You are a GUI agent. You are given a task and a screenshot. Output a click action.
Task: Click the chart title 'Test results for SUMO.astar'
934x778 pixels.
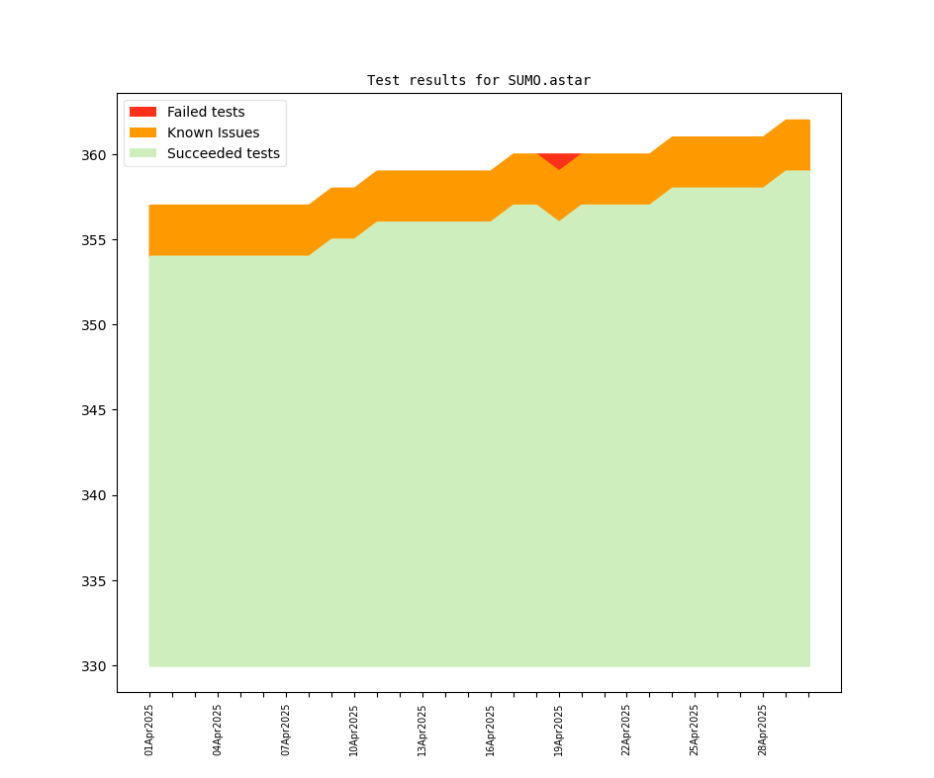pos(478,80)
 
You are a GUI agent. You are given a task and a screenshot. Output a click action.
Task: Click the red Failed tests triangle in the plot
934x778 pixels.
pos(559,159)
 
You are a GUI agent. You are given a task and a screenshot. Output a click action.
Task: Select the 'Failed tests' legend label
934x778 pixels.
pos(206,113)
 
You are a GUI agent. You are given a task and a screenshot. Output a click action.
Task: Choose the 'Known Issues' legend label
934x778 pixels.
pos(213,133)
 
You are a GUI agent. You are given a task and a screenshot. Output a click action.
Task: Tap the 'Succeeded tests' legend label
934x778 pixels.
pos(223,154)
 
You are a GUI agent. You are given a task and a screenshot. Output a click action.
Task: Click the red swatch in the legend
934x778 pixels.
pos(142,113)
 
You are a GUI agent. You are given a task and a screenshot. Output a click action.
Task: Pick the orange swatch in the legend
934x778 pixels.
pos(142,133)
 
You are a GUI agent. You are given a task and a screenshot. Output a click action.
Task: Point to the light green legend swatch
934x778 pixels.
pos(142,154)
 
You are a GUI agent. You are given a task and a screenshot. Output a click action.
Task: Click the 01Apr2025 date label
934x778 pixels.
pos(149,731)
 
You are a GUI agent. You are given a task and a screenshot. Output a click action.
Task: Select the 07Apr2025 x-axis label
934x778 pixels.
pos(286,731)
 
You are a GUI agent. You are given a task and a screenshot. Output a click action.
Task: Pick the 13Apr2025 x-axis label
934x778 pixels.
pos(422,731)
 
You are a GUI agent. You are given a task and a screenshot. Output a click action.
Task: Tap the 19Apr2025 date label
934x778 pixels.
pos(559,731)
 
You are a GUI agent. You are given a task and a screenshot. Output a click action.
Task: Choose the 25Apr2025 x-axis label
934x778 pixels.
pos(695,731)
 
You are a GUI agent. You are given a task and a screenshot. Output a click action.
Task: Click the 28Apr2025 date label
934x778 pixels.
pos(763,731)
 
